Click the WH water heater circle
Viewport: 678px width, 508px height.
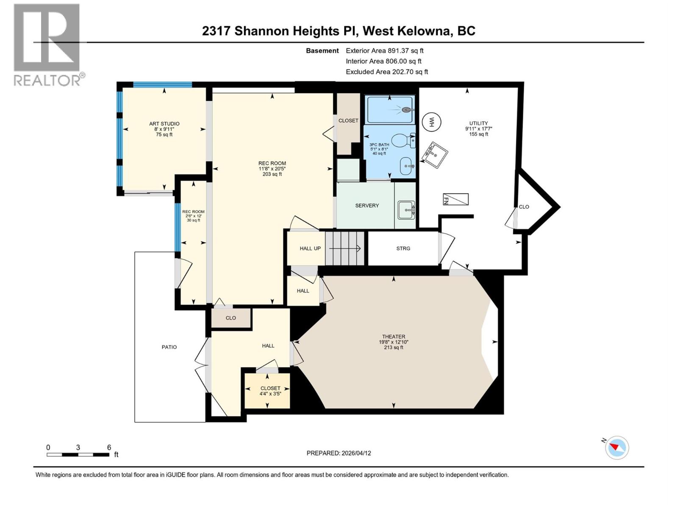pyautogui.click(x=432, y=122)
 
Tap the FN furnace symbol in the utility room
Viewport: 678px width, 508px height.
pyautogui.click(x=456, y=199)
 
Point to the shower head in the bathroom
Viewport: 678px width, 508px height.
pyautogui.click(x=407, y=110)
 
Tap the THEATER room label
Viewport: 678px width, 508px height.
pyautogui.click(x=393, y=337)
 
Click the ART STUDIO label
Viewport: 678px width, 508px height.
pyautogui.click(x=164, y=124)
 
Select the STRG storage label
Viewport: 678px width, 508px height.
pyautogui.click(x=403, y=248)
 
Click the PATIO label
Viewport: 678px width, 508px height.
pyautogui.click(x=169, y=347)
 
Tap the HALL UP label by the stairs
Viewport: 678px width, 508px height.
pyautogui.click(x=310, y=248)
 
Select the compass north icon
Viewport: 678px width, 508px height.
pyautogui.click(x=617, y=447)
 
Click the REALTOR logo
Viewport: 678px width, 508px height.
pyautogui.click(x=47, y=44)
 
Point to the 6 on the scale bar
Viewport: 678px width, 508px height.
pyautogui.click(x=109, y=447)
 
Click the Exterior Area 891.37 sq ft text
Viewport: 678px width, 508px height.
pyautogui.click(x=384, y=50)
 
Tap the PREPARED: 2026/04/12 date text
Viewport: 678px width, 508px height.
pyautogui.click(x=339, y=453)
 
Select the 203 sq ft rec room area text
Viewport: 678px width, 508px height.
pyautogui.click(x=272, y=174)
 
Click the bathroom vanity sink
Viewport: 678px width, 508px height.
pyautogui.click(x=406, y=166)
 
